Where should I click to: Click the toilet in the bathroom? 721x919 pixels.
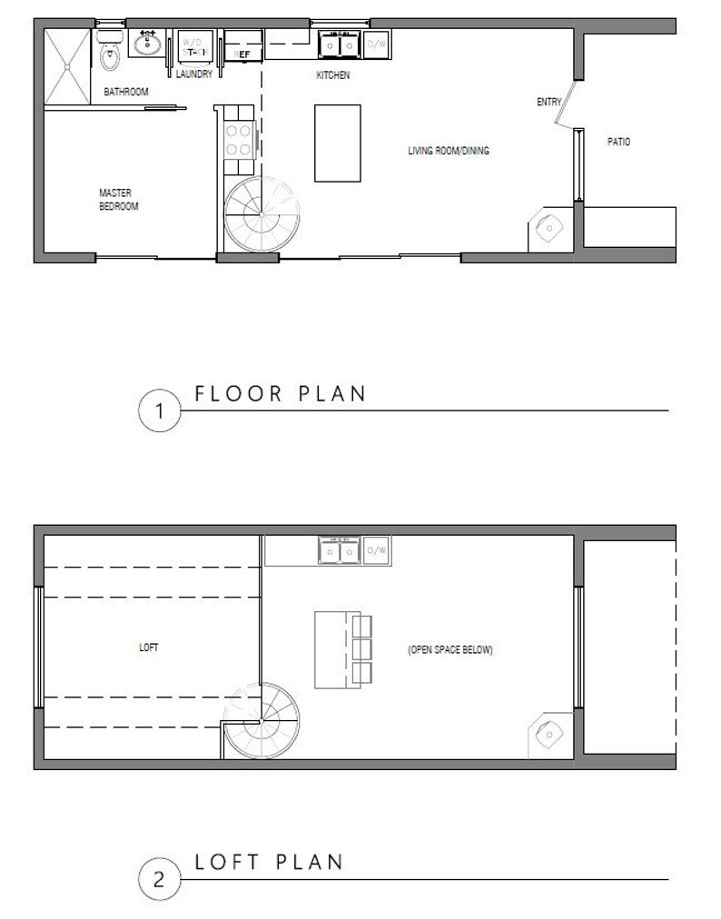(112, 55)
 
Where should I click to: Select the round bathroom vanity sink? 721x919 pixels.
(148, 43)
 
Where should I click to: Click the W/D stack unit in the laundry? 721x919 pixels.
(193, 46)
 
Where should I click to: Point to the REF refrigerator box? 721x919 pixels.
(243, 48)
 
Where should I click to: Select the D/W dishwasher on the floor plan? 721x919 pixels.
(377, 44)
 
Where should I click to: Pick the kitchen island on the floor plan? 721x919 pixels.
(337, 143)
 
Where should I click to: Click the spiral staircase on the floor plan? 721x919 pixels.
(262, 214)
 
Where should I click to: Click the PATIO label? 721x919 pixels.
(618, 142)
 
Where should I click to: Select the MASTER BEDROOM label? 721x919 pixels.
(119, 199)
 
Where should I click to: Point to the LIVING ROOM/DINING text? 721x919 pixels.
(449, 151)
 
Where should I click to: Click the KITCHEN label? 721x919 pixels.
(332, 75)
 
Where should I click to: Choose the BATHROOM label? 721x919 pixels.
(125, 92)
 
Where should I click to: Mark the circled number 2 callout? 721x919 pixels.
(160, 880)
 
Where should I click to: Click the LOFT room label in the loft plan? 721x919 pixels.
(148, 647)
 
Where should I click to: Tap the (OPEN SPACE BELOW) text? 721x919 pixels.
(450, 650)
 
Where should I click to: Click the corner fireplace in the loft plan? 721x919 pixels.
(548, 734)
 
